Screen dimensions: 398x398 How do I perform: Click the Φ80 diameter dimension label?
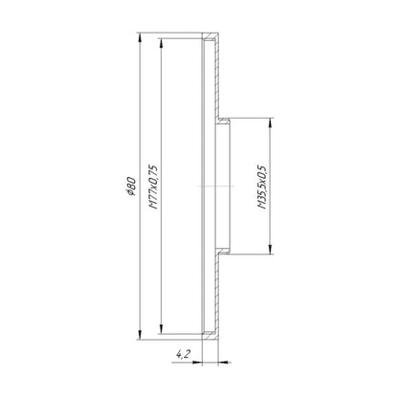tap(132, 187)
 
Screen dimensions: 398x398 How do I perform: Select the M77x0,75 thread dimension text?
tap(154, 187)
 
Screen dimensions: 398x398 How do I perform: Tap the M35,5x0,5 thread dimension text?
tap(262, 187)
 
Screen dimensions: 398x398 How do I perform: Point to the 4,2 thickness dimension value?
tap(183, 354)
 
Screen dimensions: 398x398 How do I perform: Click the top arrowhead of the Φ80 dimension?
tap(140, 37)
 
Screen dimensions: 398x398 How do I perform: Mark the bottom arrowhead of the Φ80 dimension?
tap(140, 335)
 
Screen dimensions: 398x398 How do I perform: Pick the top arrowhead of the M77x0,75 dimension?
tap(162, 44)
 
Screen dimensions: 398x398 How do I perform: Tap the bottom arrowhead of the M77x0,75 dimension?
tap(162, 329)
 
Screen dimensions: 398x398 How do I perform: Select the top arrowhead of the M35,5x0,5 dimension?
tap(270, 123)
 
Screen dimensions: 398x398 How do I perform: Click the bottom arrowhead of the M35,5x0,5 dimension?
tap(270, 250)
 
